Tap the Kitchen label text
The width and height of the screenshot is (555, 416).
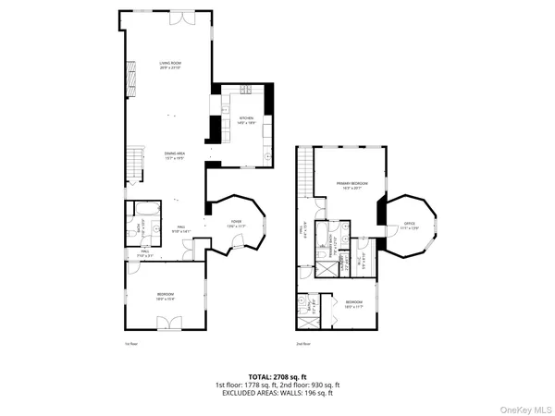246,120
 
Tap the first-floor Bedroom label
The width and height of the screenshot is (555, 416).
166,297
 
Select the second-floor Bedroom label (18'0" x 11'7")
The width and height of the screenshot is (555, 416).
354,303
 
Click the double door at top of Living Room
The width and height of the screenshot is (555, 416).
189,19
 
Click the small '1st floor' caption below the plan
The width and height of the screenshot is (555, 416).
130,342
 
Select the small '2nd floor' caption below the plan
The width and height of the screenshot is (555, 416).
302,342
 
